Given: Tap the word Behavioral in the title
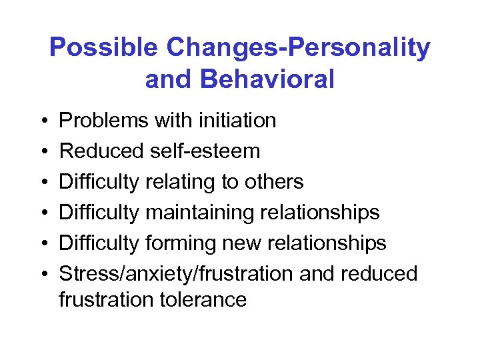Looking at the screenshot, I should point(268,79).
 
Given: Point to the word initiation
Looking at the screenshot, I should point(235,121).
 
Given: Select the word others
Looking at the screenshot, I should point(273,182).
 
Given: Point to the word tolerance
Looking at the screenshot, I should point(209,300).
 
